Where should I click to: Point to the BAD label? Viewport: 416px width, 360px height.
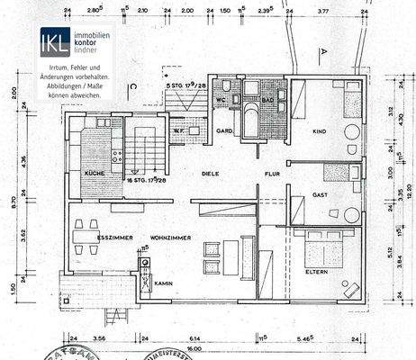click(267, 98)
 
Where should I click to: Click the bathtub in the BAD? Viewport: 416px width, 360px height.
click(249, 119)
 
